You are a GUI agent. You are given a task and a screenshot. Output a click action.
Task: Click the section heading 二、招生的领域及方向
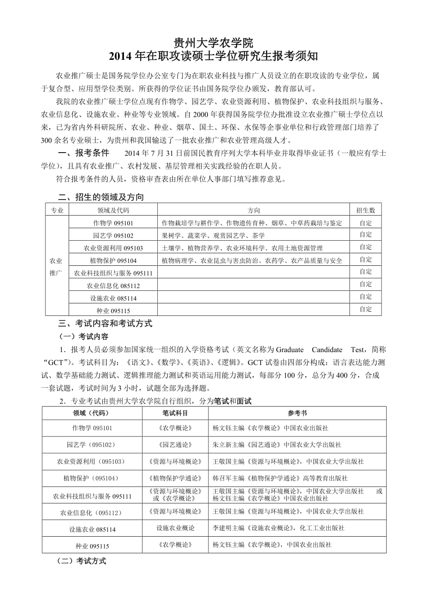click(x=101, y=197)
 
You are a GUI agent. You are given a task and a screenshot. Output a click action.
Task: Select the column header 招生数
click(x=366, y=210)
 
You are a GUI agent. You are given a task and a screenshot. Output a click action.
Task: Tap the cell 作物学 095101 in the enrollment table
click(x=113, y=223)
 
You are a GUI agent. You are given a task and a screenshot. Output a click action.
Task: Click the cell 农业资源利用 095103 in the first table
click(x=113, y=248)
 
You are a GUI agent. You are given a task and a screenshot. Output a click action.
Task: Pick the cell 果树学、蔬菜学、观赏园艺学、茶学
click(x=213, y=236)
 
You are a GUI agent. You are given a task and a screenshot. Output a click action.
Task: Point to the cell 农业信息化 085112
click(x=113, y=286)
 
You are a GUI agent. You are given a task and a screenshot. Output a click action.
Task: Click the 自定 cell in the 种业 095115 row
click(x=366, y=309)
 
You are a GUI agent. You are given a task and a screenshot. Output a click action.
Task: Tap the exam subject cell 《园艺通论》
click(x=175, y=444)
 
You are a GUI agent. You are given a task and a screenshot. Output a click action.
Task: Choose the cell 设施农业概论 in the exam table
click(x=175, y=528)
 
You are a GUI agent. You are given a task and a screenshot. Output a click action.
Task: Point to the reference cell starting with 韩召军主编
click(x=280, y=478)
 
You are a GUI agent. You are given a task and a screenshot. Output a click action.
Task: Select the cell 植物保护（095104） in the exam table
click(x=91, y=478)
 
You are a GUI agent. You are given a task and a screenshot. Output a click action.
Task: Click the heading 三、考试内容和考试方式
click(x=105, y=324)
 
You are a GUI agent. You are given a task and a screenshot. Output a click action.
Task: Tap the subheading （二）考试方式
click(x=81, y=561)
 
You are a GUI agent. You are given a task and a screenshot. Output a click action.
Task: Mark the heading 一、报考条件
click(x=83, y=153)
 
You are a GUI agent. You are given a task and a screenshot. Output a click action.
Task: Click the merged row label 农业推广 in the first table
click(x=56, y=267)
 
